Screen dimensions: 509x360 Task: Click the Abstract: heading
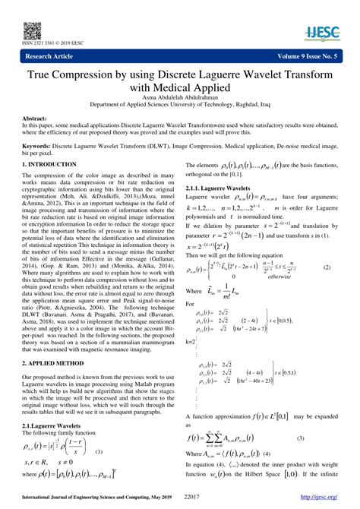[x=36, y=119]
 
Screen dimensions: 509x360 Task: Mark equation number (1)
[x=99, y=451]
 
